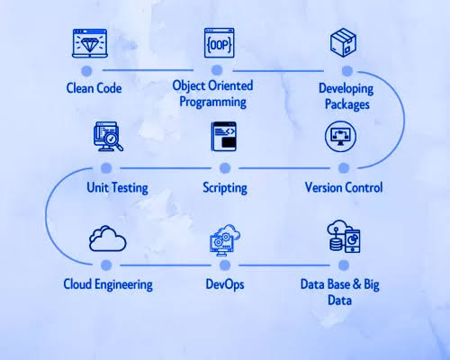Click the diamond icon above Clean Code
tap(88, 42)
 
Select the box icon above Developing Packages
tap(345, 44)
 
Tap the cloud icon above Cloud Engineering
tap(107, 238)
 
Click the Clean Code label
tap(94, 88)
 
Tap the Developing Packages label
tap(345, 97)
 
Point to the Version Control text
tap(343, 187)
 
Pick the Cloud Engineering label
tap(107, 284)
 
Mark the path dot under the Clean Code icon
tap(88, 69)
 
